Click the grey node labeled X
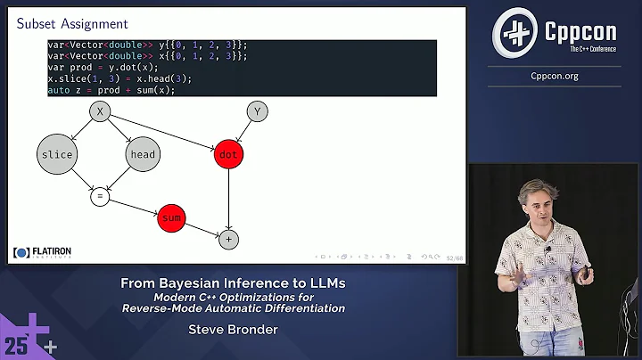(x=101, y=111)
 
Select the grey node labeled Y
(x=257, y=111)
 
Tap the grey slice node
(x=56, y=154)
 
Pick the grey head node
(x=143, y=154)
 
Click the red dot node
(x=229, y=154)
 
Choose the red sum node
(x=171, y=217)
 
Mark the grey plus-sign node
(x=229, y=238)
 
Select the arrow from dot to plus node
(x=229, y=198)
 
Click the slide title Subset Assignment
(x=72, y=24)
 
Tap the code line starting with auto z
(x=111, y=90)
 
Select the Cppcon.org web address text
(x=555, y=76)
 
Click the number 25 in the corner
(x=16, y=344)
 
